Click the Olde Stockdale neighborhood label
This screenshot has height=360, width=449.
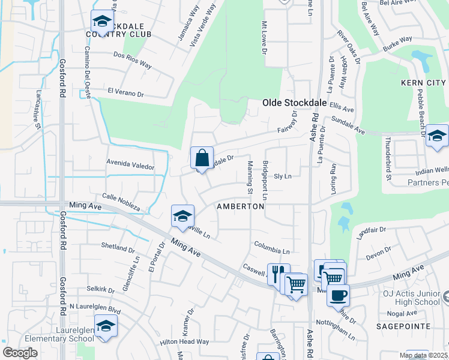click(294, 103)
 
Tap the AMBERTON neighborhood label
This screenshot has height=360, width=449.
click(240, 206)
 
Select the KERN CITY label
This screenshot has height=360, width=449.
click(424, 82)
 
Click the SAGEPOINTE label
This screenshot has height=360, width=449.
click(404, 326)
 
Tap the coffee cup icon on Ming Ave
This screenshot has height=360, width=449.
click(339, 295)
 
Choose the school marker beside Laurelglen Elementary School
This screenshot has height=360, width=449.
click(106, 326)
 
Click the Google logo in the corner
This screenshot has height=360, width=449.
click(20, 353)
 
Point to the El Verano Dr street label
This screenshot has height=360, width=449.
click(126, 93)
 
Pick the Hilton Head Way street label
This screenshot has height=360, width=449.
click(184, 341)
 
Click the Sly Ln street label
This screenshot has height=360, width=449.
click(282, 176)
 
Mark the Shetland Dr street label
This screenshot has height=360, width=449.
click(118, 248)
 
